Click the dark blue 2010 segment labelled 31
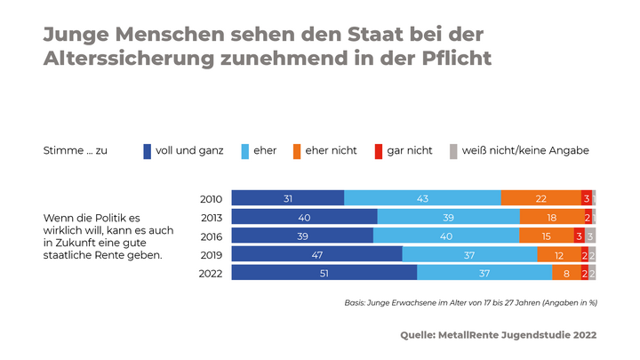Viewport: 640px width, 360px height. point(288,198)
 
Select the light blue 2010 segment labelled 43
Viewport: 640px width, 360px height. point(422,198)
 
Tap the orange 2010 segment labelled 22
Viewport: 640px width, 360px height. point(540,198)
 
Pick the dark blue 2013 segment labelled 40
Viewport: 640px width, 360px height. point(304,217)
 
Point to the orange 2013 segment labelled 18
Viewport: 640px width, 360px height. point(551,217)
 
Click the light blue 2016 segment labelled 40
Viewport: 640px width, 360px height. point(446,236)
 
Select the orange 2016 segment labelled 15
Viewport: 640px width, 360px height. point(546,236)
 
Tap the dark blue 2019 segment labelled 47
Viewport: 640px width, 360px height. point(317,254)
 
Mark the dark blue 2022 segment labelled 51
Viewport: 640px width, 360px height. point(324,273)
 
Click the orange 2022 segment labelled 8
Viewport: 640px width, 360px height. point(566,273)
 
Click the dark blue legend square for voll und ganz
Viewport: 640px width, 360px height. point(148,151)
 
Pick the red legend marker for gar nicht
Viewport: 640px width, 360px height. point(378,151)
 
